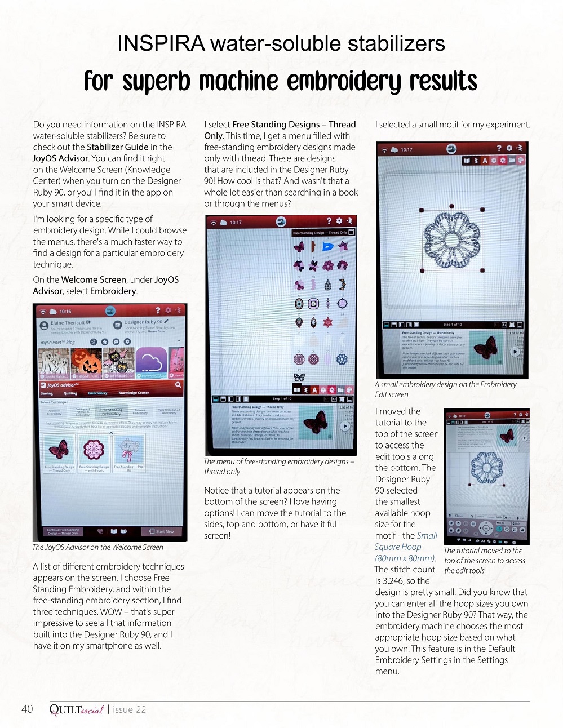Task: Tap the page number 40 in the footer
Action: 27,709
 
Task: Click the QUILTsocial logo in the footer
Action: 77,709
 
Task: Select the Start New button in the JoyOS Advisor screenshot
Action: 161,531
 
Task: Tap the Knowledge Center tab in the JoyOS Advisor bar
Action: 134,393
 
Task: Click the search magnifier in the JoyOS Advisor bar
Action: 178,385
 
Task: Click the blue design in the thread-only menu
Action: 327,247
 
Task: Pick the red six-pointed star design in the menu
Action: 327,322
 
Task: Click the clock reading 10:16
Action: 65,311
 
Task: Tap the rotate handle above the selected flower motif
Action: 451,207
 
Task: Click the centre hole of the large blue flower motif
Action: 451,237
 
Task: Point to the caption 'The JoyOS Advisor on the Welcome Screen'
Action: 97,547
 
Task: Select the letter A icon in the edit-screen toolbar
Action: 485,161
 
